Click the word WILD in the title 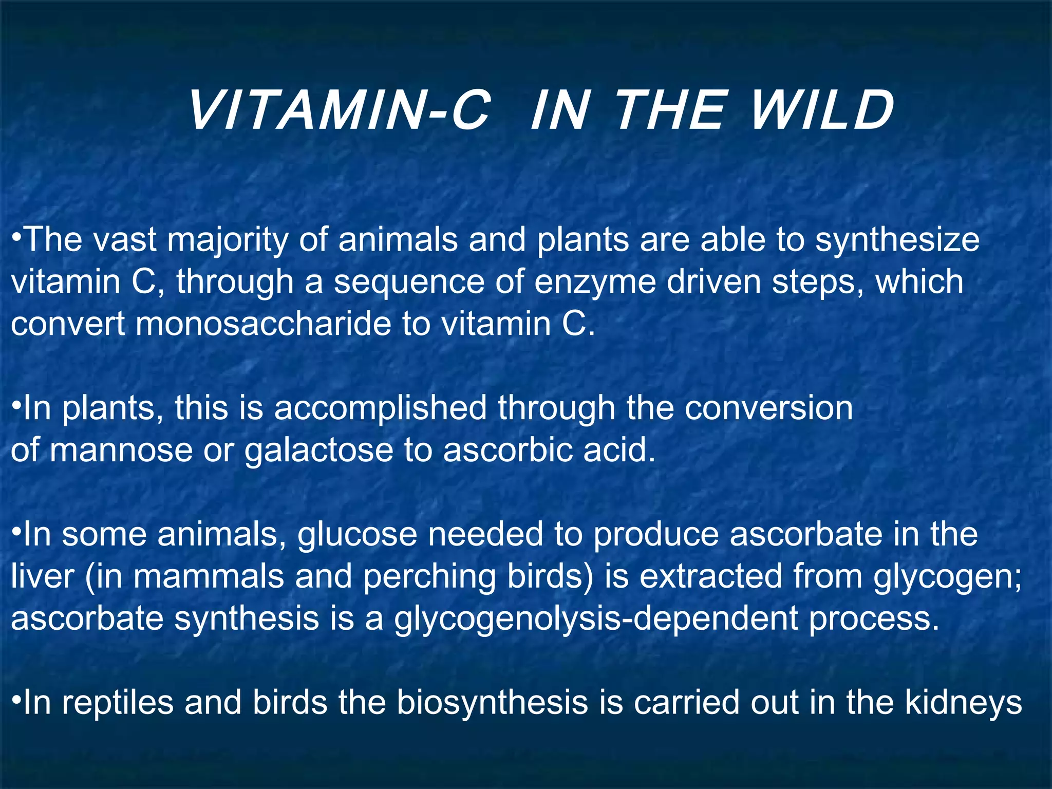(x=822, y=110)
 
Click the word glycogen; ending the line (x=948, y=576)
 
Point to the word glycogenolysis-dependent (x=596, y=618)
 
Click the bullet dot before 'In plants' (x=16, y=405)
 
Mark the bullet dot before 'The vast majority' (x=16, y=237)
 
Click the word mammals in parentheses (x=208, y=576)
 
